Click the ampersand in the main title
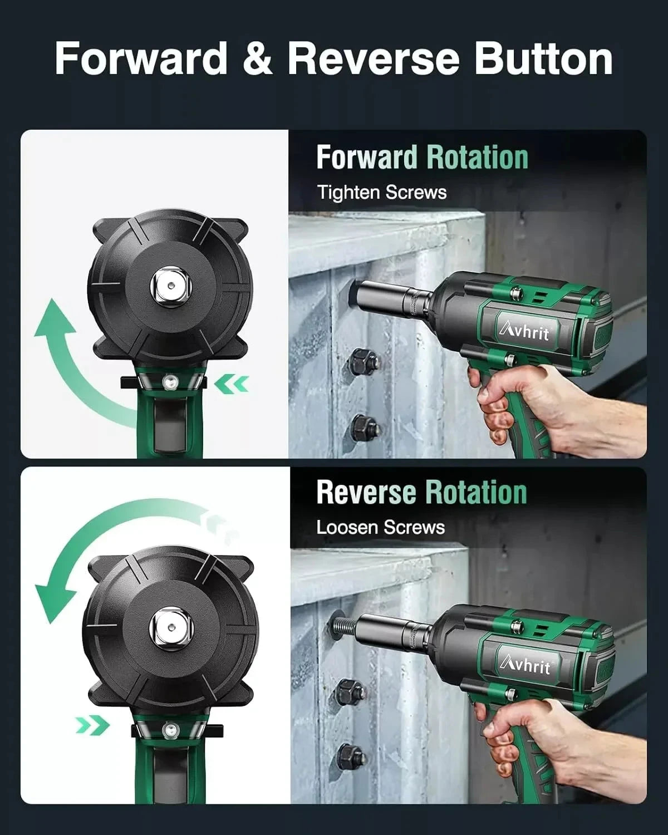click(257, 58)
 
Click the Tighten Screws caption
click(382, 193)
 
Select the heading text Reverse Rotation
click(421, 493)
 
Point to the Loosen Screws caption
click(381, 527)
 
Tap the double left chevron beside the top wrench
click(232, 384)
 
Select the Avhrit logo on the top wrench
click(523, 332)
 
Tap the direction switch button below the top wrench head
click(168, 381)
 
